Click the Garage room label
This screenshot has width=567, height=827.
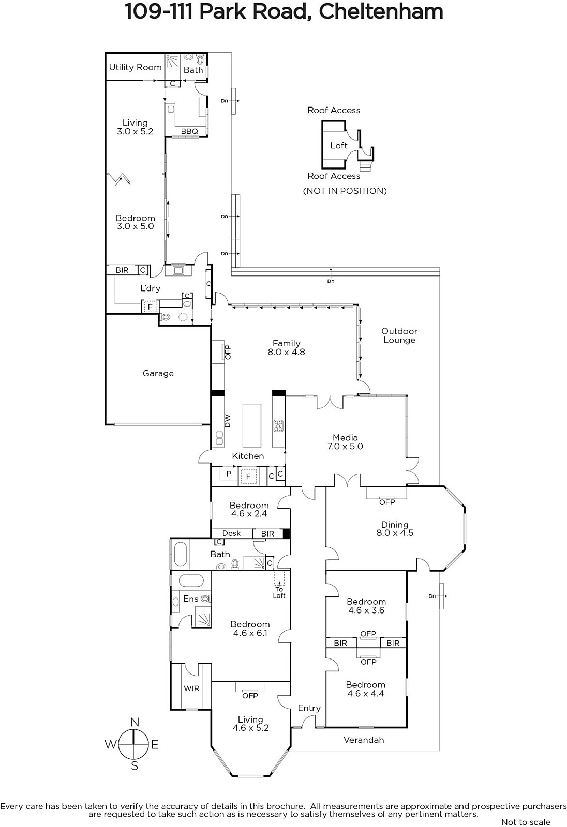coord(158,373)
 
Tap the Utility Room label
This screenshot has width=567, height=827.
coord(135,67)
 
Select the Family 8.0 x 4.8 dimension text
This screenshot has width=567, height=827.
coord(287,352)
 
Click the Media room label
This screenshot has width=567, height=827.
coord(345,437)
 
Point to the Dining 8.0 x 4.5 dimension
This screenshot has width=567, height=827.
coord(395,533)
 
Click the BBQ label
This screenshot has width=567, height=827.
coord(189,131)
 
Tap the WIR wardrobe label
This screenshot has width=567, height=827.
coord(191,688)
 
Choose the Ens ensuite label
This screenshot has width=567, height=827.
coord(191,599)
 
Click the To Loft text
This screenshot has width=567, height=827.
coord(279,592)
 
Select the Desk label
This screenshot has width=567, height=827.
coord(231,533)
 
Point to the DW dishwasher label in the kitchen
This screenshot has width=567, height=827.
coord(227,421)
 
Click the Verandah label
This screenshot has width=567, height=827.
coord(364,740)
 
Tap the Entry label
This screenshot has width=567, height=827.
coord(309,708)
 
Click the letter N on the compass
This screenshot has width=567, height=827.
coord(135,722)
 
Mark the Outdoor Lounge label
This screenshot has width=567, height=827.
coord(399,335)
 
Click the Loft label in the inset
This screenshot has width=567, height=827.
coord(339,145)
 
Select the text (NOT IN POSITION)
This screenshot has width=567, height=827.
coord(345,191)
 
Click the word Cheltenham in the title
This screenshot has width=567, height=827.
coord(381,11)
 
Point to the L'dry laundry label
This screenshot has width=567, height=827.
coord(151,288)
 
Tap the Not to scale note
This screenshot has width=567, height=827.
coord(526,822)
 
